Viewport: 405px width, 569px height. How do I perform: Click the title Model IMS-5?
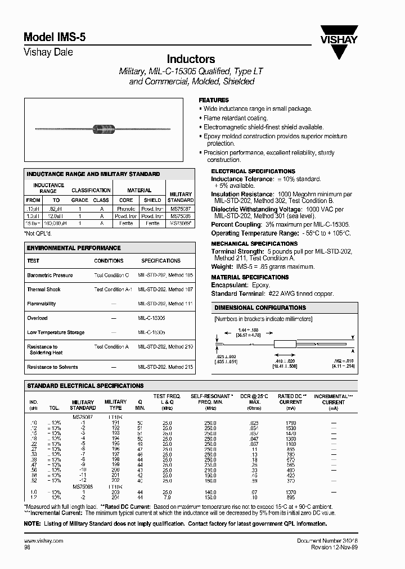tap(55, 37)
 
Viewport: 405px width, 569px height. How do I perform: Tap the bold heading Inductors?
tap(191, 59)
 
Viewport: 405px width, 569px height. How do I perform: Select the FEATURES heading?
tap(214, 100)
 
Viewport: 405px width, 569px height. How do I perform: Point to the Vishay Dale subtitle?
tap(48, 52)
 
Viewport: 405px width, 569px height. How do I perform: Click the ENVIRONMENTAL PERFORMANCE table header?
tap(74, 248)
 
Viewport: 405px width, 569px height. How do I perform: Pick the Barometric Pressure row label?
tap(50, 276)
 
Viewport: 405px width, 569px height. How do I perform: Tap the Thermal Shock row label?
tap(43, 290)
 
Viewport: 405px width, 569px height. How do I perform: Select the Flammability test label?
tap(42, 304)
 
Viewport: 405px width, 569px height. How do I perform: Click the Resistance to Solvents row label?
tap(52, 367)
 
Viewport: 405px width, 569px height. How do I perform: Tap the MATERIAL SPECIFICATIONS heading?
tap(250, 277)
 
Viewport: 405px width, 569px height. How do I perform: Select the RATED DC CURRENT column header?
tap(290, 399)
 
